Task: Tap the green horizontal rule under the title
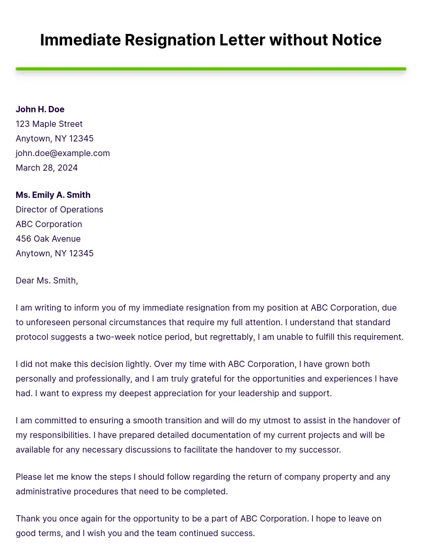[211, 69]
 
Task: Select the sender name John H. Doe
[40, 109]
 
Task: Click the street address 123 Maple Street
[49, 124]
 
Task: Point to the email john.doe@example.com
[63, 153]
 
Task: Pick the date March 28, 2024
[46, 168]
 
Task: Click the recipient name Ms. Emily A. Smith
[53, 195]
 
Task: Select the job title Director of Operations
[60, 209]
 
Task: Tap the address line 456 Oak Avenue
[48, 239]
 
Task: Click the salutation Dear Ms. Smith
[46, 280]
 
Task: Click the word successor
[319, 449]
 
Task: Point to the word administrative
[46, 491]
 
